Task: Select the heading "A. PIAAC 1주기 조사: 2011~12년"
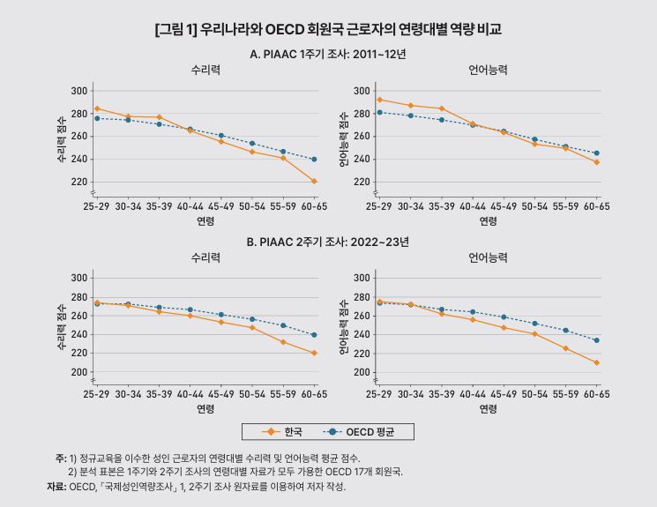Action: pos(328,54)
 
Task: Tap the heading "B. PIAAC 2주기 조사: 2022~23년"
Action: pos(328,241)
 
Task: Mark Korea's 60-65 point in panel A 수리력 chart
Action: pos(314,182)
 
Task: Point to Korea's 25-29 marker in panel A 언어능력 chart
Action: pos(379,100)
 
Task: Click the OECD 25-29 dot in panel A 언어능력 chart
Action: pos(379,112)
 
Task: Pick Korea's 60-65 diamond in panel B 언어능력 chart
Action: pos(596,362)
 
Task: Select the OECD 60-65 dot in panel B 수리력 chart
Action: pos(314,335)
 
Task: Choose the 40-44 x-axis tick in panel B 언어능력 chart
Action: pos(472,392)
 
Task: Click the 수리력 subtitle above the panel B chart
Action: pos(205,257)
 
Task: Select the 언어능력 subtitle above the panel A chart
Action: pos(488,70)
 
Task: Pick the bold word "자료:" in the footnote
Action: pos(56,486)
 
